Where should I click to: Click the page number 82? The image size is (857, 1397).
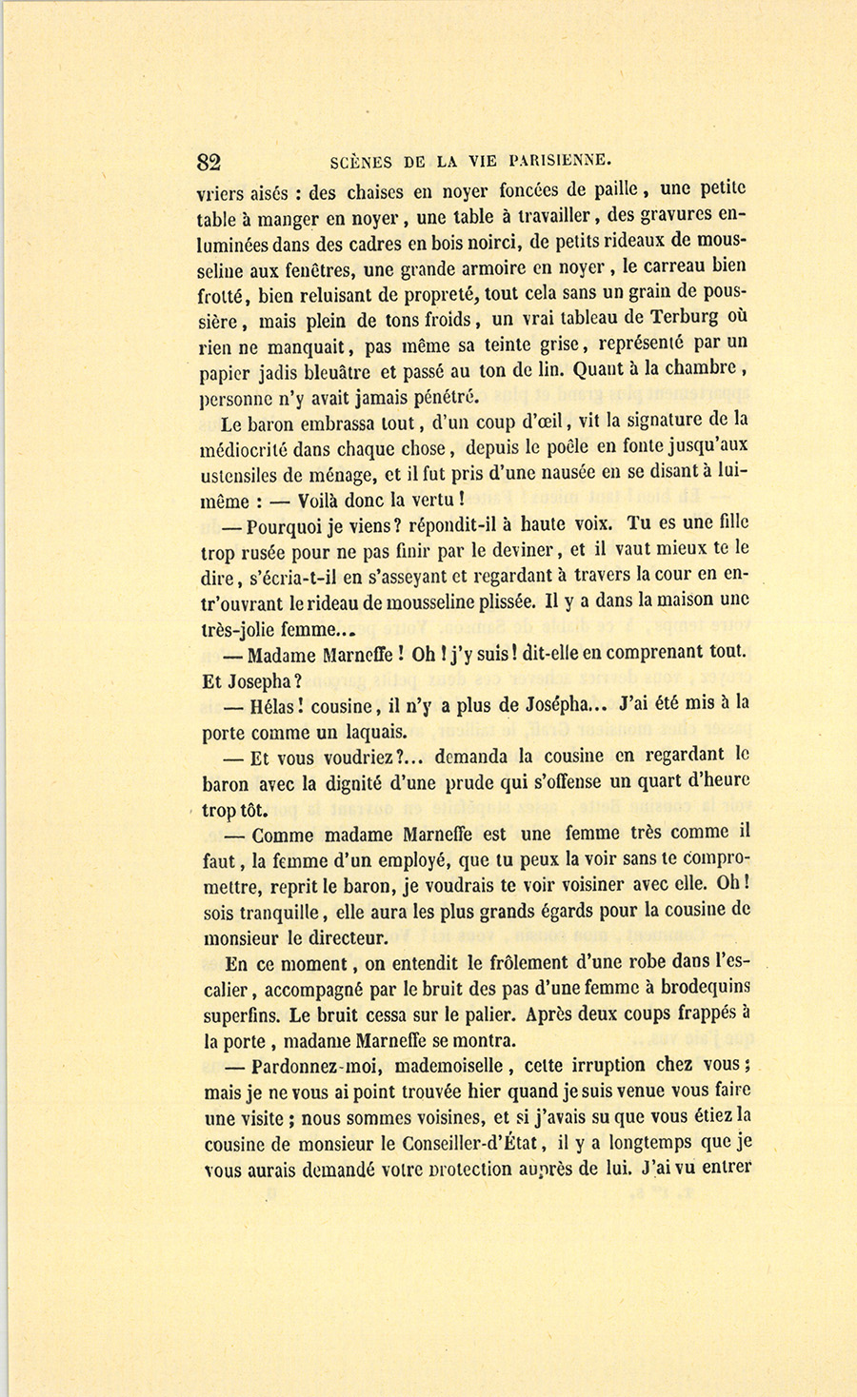click(x=209, y=161)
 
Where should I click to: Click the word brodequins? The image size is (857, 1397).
click(x=700, y=988)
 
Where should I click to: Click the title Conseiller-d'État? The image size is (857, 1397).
click(x=471, y=1143)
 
